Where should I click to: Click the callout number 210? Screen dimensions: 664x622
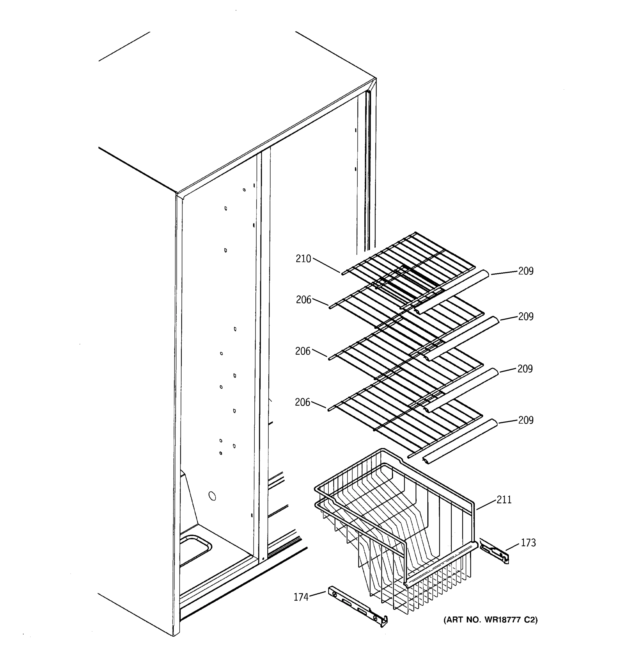[x=303, y=259]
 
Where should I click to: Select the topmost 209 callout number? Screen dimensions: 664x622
[x=526, y=271]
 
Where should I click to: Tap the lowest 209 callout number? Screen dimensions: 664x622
[x=526, y=420]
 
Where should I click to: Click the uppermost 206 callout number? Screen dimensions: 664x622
[x=303, y=300]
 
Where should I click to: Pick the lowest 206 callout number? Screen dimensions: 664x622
[x=302, y=402]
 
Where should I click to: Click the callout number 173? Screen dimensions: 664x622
[x=528, y=543]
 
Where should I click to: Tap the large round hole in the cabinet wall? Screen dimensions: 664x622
[x=212, y=496]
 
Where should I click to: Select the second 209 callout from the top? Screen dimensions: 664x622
[x=526, y=316]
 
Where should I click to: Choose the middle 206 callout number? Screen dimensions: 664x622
[x=303, y=351]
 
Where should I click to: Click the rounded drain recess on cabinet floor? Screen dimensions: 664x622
[x=195, y=549]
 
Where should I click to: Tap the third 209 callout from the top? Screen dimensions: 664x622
[x=525, y=369]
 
